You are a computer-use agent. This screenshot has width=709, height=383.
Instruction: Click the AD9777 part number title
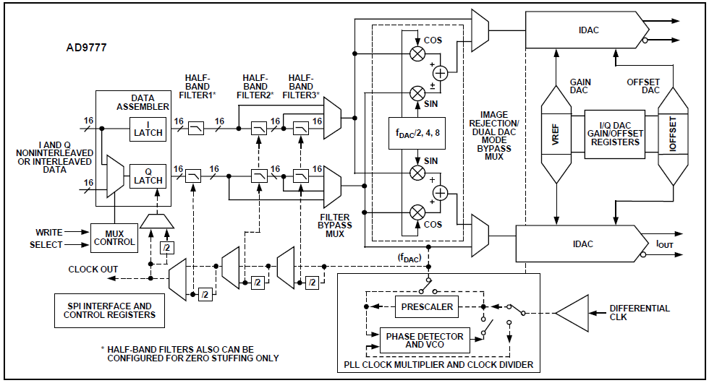pyautogui.click(x=86, y=48)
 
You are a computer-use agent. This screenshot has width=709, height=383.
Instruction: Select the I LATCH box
pyautogui.click(x=148, y=129)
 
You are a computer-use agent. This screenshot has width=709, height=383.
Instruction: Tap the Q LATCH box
pyautogui.click(x=148, y=176)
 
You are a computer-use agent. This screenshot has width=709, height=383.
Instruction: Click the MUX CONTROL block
pyautogui.click(x=114, y=238)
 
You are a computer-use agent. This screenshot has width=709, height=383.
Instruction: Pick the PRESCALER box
pyautogui.click(x=426, y=307)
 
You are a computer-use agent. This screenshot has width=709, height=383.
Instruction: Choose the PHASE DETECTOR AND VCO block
pyautogui.click(x=425, y=340)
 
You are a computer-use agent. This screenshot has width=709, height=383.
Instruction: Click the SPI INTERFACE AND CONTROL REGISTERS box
pyautogui.click(x=109, y=311)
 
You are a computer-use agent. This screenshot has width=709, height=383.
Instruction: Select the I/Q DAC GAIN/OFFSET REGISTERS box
pyautogui.click(x=615, y=134)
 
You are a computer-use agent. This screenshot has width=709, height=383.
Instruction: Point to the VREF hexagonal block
pyautogui.click(x=556, y=134)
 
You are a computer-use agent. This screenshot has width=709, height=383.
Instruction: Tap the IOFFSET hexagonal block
pyautogui.click(x=673, y=134)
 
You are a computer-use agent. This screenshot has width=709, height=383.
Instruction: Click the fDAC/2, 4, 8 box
pyautogui.click(x=417, y=133)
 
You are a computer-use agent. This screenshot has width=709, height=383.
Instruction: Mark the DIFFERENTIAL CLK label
pyautogui.click(x=640, y=312)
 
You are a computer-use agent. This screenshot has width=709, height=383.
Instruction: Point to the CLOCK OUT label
pyautogui.click(x=93, y=269)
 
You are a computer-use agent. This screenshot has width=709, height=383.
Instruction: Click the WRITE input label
pyautogui.click(x=49, y=232)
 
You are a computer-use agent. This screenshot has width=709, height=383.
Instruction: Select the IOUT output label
pyautogui.click(x=665, y=244)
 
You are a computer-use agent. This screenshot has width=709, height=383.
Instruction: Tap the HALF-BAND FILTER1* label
pyautogui.click(x=198, y=86)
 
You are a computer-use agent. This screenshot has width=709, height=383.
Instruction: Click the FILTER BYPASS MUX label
pyautogui.click(x=334, y=225)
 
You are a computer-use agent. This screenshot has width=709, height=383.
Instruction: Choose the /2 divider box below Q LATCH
pyautogui.click(x=167, y=247)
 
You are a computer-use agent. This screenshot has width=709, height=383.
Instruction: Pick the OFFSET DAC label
pyautogui.click(x=643, y=86)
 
